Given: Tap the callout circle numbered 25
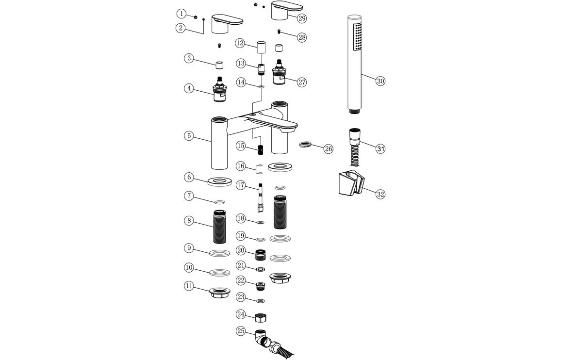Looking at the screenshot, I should point(241,331).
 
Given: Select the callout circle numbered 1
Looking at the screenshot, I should point(181,14).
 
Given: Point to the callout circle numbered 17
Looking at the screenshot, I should point(241,185).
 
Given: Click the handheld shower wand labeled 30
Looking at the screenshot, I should point(355,63).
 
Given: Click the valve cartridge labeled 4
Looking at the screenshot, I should point(220,92).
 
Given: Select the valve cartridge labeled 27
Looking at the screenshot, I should point(280,74).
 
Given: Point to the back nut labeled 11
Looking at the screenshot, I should point(220,293).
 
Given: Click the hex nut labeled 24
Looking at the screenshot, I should point(261,318).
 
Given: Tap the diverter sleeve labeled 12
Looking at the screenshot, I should point(261,49).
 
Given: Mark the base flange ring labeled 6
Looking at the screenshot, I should point(220,181).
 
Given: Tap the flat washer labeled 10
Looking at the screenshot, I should point(220,272).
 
